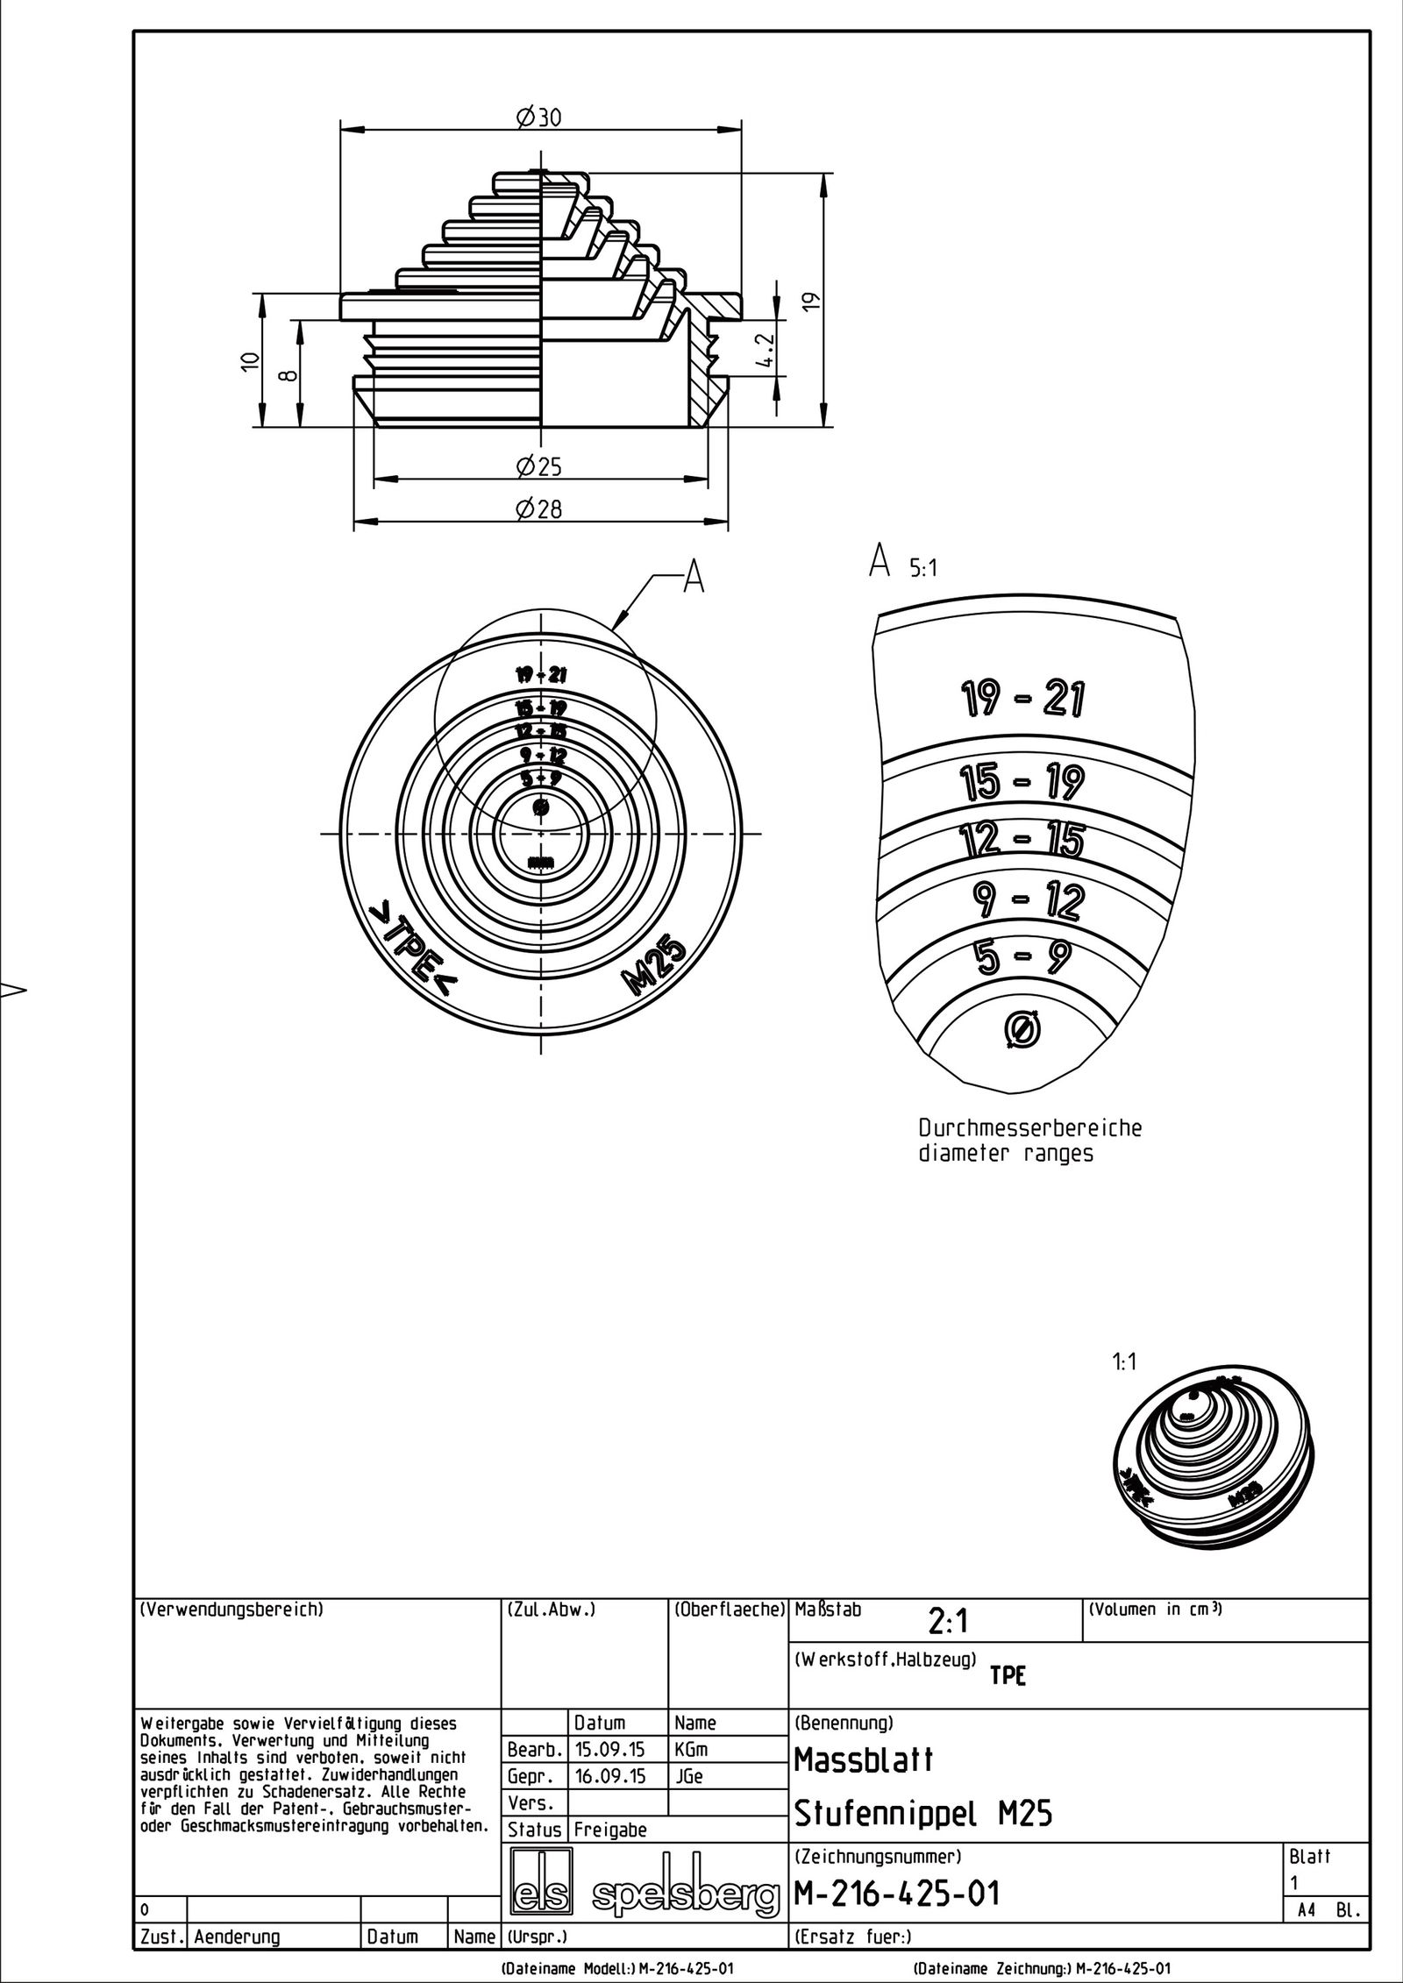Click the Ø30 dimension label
click(538, 117)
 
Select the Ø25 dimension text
click(538, 466)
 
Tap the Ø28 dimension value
click(538, 509)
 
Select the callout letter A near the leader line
click(693, 578)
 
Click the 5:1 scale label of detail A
click(922, 568)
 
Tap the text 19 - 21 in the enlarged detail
click(1021, 699)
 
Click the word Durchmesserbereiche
click(1029, 1127)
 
